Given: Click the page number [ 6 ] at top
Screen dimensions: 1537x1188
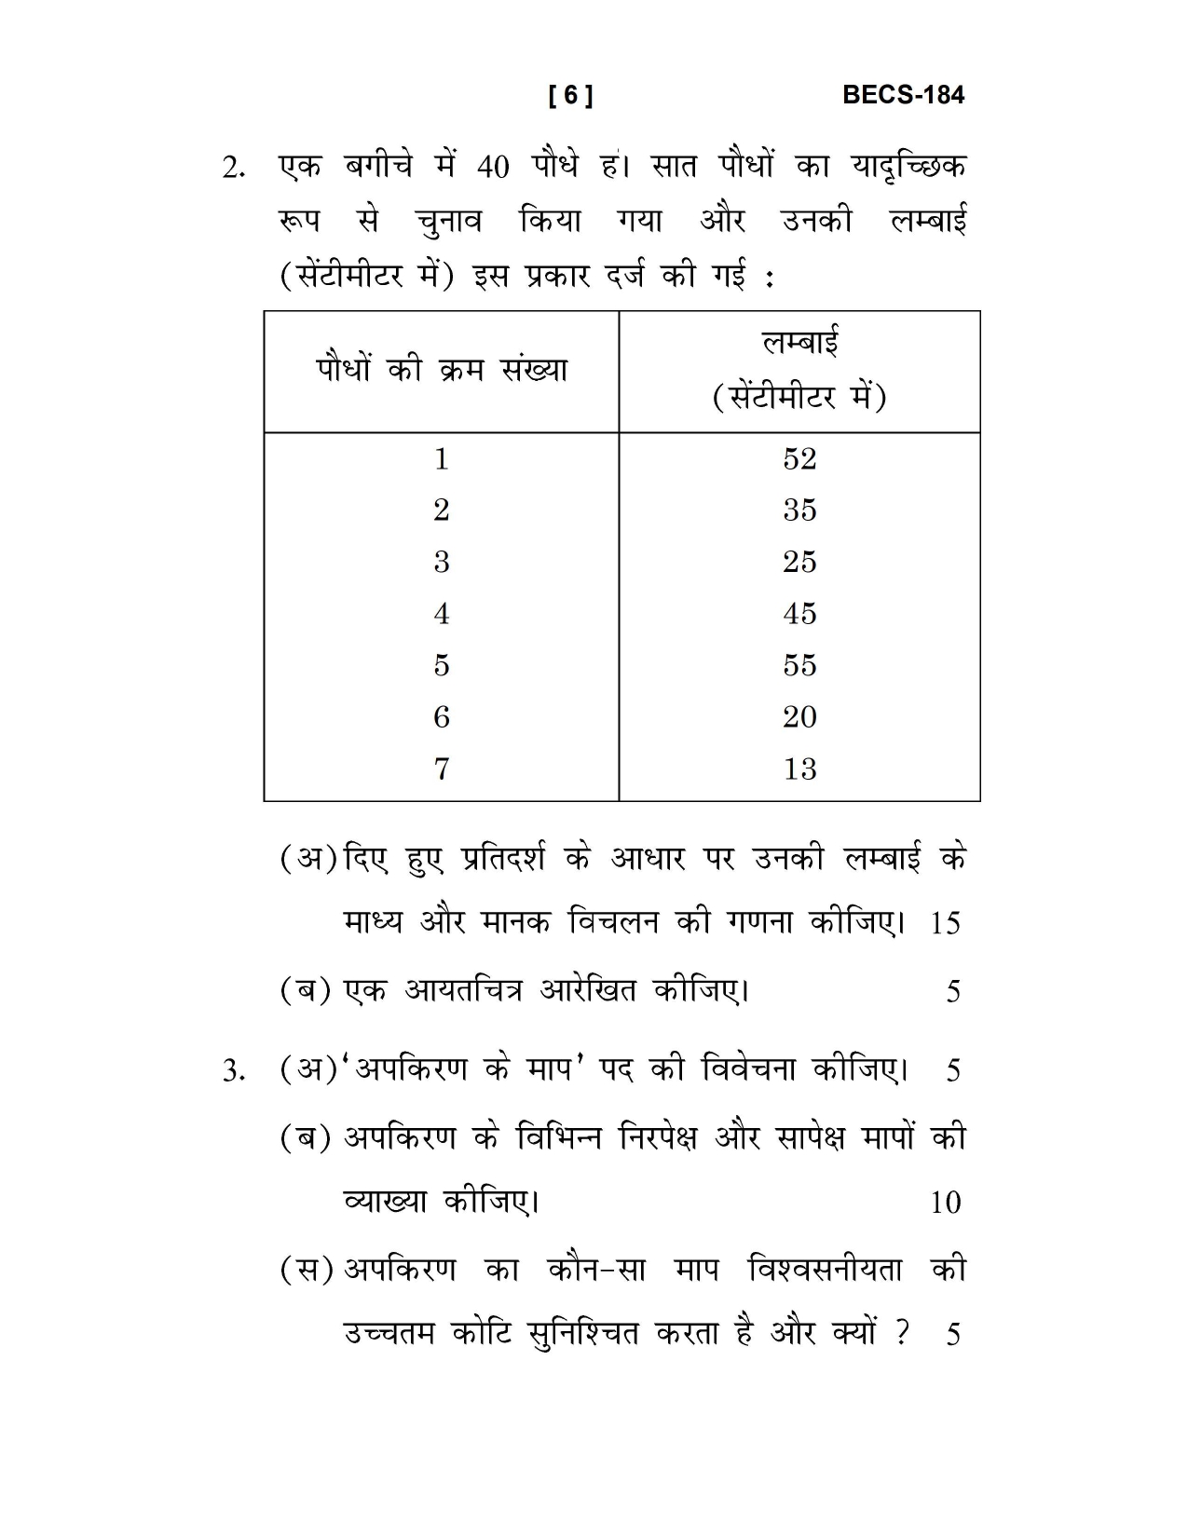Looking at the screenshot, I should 570,95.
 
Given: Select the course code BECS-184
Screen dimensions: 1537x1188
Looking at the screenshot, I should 903,94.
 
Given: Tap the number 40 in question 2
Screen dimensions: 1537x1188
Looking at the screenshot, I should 493,168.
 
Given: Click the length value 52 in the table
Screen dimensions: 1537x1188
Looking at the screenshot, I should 799,458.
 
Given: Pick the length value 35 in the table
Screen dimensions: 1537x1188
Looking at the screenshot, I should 799,510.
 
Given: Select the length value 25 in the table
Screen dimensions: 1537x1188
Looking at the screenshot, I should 799,562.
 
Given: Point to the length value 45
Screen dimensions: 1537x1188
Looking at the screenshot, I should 799,613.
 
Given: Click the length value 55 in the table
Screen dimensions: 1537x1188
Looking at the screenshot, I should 799,665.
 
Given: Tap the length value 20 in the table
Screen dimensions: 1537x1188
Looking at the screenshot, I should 799,716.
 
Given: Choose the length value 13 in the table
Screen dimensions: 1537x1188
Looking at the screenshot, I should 799,768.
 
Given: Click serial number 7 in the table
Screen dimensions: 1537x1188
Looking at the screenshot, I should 442,768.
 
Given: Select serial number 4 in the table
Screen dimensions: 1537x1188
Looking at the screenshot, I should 442,613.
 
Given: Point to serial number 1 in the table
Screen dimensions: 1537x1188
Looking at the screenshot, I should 442,458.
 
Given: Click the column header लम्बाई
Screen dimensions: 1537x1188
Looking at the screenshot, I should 799,343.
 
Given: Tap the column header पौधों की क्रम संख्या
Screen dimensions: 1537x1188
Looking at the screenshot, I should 442,370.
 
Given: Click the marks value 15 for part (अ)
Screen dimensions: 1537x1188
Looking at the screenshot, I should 945,923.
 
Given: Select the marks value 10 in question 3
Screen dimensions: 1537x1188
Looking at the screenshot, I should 945,1203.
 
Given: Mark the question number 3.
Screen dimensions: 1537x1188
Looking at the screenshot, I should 233,1071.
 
